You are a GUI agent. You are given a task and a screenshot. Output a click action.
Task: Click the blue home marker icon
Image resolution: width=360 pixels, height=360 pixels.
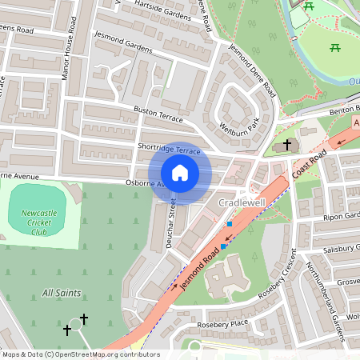(x=180, y=173)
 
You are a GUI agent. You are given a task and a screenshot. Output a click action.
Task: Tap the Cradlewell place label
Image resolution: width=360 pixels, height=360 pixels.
(x=243, y=203)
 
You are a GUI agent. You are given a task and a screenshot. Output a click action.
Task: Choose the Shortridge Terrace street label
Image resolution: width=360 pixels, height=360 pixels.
(x=168, y=150)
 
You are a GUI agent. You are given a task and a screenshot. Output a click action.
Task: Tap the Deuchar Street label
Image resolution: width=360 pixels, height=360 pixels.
(x=170, y=224)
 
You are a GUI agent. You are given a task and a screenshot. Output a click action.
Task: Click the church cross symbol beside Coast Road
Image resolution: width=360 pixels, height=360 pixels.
(x=287, y=146)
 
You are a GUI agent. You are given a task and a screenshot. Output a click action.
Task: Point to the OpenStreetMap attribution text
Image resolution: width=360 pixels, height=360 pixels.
(x=80, y=354)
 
